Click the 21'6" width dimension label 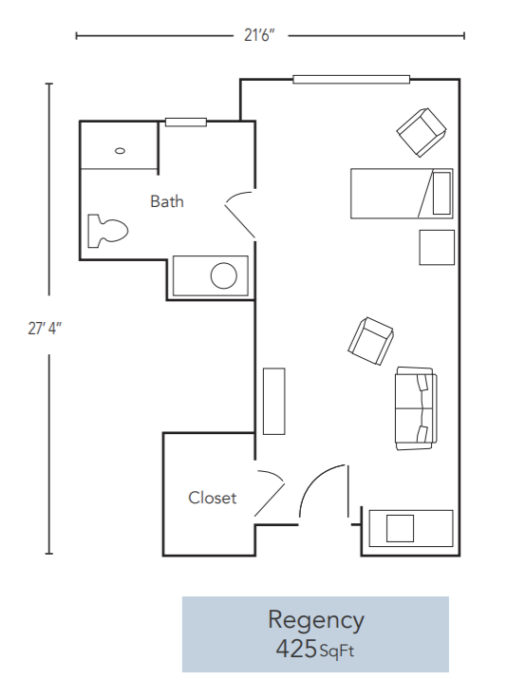pos(259,36)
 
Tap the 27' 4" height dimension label pos(45,328)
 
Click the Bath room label pos(167,201)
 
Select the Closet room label pos(212,498)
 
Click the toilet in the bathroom pos(106,230)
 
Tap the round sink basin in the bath pos(224,275)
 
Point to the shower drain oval pos(120,150)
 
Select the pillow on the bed pos(441,194)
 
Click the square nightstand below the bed pos(437,248)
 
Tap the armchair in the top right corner pos(421,132)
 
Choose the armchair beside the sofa pos(370,339)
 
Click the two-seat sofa pos(415,408)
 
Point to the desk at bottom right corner pos(410,528)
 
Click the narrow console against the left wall pos(274,401)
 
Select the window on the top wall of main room pos(350,79)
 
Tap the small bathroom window pos(185,122)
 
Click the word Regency pos(315,620)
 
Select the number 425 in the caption pos(295,650)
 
